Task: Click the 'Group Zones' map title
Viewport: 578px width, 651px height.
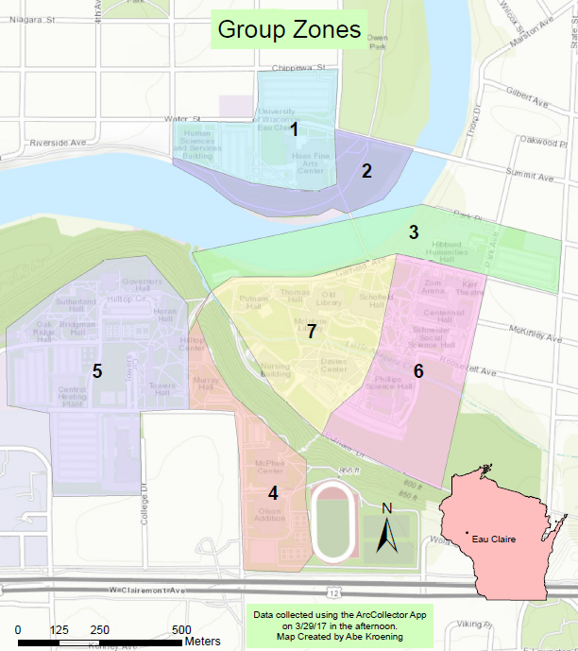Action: coord(288,29)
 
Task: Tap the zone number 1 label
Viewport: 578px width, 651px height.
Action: coord(294,129)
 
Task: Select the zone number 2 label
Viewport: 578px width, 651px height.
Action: coord(366,171)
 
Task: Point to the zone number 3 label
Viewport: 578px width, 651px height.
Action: coord(414,231)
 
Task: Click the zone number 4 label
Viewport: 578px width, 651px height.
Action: coord(273,493)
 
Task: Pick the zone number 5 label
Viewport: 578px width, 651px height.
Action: coord(96,370)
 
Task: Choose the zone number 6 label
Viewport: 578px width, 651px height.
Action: coord(417,371)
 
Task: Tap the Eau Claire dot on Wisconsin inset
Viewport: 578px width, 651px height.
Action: coord(467,535)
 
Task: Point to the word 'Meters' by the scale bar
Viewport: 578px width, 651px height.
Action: coord(203,642)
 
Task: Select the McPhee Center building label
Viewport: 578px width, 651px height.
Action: coord(269,466)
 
